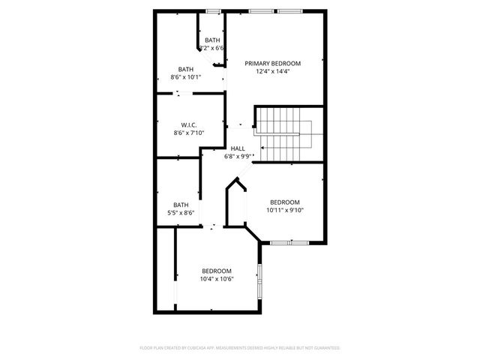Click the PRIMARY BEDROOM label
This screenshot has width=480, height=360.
tap(272, 63)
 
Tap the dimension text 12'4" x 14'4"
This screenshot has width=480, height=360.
tap(272, 72)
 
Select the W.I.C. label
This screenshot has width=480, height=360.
tap(188, 124)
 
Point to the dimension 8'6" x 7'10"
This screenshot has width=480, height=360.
tap(188, 133)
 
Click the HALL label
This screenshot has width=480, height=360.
tap(238, 148)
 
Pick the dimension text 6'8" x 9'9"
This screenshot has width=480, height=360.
tap(238, 157)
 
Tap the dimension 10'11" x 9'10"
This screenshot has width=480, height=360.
tap(285, 211)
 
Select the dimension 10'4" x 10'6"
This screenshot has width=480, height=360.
tap(217, 279)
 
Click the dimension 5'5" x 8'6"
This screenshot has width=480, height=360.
tap(181, 213)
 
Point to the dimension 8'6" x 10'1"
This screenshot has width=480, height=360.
tap(185, 76)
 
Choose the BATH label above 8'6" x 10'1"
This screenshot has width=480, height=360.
tap(185, 68)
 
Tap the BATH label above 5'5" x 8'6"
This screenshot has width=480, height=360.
tap(181, 205)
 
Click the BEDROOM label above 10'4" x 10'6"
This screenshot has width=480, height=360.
tap(217, 271)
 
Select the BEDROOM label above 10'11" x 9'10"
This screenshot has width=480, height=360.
tap(285, 202)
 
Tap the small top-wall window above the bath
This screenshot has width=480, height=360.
tap(214, 11)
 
